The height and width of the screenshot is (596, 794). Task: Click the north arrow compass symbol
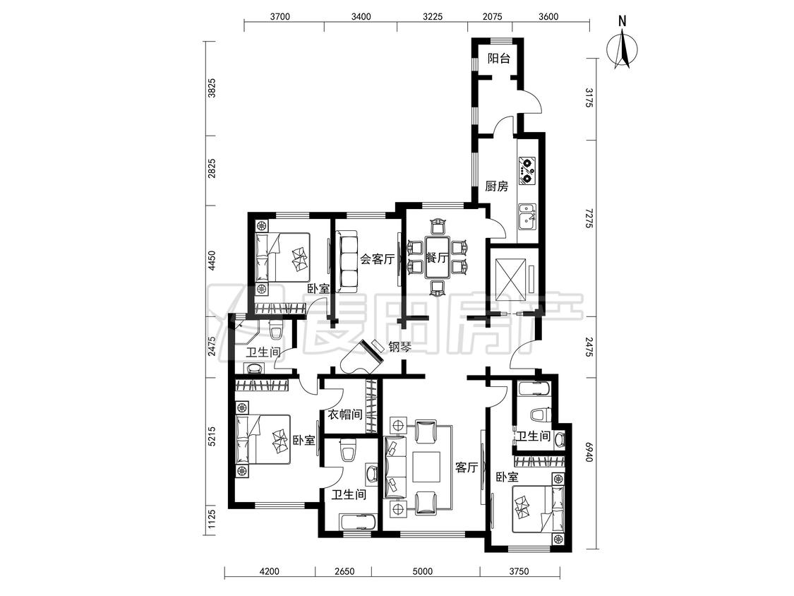[625, 49]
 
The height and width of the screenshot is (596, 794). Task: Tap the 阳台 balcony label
[499, 59]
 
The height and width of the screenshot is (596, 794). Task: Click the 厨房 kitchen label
[496, 186]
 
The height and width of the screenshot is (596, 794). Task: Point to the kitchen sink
[527, 216]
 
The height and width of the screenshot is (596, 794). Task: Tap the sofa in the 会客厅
[347, 261]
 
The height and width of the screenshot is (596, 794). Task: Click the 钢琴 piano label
[399, 347]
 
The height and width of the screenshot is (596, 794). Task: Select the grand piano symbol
[361, 357]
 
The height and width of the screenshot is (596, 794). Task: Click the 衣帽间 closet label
[344, 415]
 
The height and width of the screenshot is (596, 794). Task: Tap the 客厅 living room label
[466, 467]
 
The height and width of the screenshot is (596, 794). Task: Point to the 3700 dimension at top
[280, 16]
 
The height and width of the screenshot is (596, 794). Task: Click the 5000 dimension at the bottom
[423, 571]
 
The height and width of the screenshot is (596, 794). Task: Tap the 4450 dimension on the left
[212, 261]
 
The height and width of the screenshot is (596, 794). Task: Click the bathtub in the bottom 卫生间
[358, 522]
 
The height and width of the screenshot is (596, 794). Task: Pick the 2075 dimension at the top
[492, 16]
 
